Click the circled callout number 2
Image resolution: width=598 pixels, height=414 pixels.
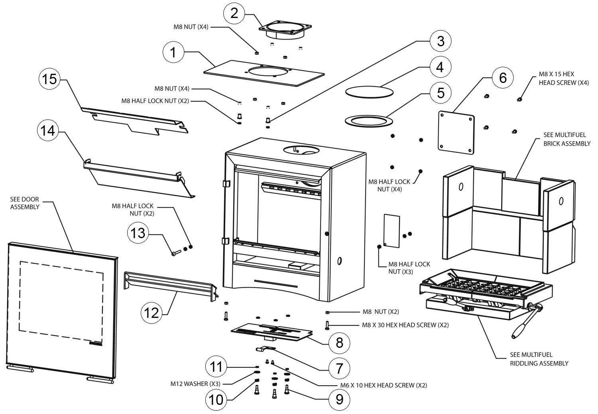click(x=234, y=13)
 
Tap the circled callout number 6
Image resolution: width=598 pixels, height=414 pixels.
click(x=503, y=77)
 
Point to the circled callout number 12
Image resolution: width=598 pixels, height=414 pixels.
click(x=151, y=313)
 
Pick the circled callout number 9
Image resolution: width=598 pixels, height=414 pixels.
click(x=339, y=399)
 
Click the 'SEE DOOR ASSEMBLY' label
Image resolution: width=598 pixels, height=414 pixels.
click(x=25, y=203)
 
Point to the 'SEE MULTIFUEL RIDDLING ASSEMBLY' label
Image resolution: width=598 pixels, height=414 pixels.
click(x=539, y=359)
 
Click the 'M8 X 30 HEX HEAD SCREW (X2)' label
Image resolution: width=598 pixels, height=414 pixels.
click(x=405, y=325)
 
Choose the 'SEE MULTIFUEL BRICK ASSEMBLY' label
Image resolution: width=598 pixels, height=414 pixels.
click(x=567, y=139)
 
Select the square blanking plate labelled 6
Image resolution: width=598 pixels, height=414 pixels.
click(x=456, y=133)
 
